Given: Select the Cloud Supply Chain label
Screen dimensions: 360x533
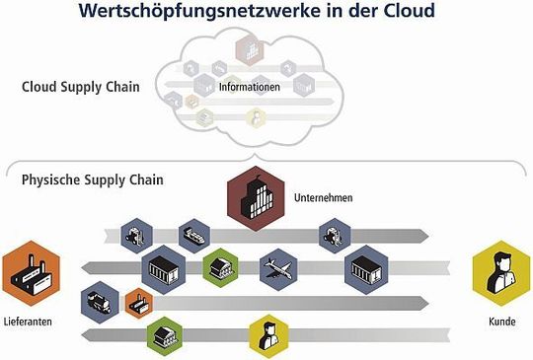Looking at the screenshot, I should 80,87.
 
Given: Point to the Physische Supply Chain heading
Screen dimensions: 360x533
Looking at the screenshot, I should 92,180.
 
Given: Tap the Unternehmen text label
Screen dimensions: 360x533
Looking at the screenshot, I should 323,198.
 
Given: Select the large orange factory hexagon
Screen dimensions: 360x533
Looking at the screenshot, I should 32,273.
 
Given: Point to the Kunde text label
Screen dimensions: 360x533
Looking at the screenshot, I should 501,323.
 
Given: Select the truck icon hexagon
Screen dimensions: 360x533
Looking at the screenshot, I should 97,300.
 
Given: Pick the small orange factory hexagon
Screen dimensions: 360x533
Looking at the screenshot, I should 137,303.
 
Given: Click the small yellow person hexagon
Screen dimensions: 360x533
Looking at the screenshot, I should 266,334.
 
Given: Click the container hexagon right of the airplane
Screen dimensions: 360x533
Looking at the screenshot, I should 363,268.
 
